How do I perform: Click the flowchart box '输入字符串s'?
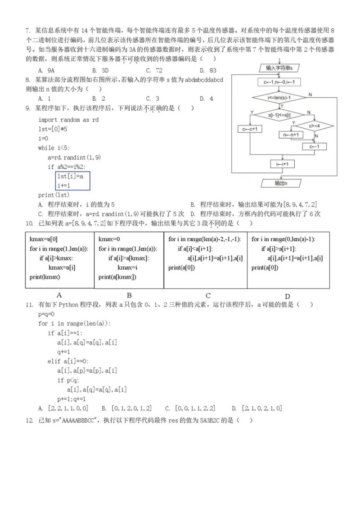[x=282, y=68]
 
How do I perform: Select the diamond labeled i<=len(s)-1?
[x=282, y=97]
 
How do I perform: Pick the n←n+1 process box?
[x=292, y=135]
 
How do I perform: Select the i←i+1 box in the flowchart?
[x=282, y=164]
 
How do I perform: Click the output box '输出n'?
[x=281, y=184]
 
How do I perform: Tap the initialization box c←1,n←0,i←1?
[x=282, y=83]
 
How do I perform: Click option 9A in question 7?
[x=47, y=71]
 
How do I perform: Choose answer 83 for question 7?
[x=209, y=71]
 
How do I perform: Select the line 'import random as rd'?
[x=68, y=120]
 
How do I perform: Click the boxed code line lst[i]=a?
[x=70, y=176]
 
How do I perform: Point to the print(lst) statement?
[x=54, y=195]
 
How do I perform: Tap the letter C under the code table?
[x=208, y=296]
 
